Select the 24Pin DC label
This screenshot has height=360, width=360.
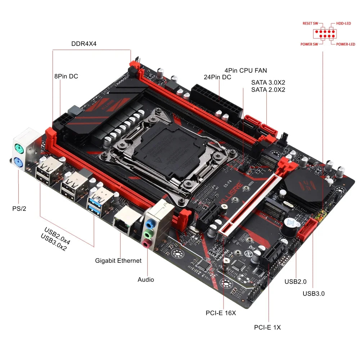tap(217, 77)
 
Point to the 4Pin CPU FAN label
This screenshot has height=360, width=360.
tap(246, 71)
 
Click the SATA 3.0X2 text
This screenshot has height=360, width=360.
tap(268, 82)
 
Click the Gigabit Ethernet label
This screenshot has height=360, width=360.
tap(118, 260)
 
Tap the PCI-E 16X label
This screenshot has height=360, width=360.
tap(221, 313)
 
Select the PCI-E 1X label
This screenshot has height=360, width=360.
tap(267, 327)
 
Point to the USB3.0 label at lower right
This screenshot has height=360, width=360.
tap(314, 293)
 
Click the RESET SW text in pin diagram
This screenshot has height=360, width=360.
tap(310, 23)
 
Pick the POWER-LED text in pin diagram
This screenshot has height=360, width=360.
tap(346, 44)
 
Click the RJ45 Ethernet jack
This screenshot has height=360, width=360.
tap(122, 221)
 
